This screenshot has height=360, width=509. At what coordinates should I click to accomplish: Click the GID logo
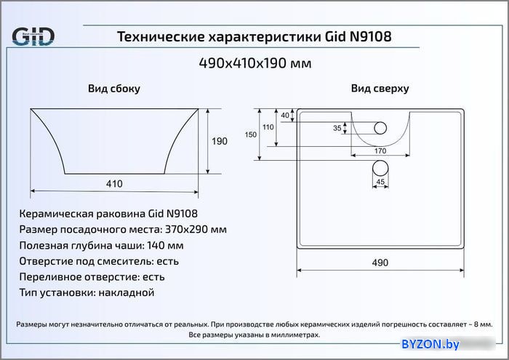(33, 36)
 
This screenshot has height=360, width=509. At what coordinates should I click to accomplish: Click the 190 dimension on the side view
(220, 141)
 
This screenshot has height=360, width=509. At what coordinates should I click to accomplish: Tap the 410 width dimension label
(114, 184)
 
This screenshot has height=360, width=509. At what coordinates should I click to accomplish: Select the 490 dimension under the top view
(380, 263)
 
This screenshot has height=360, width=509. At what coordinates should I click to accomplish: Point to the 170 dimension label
(380, 151)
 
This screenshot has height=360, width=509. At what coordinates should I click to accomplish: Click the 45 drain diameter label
(380, 182)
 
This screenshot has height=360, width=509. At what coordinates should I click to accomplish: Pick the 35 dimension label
(337, 128)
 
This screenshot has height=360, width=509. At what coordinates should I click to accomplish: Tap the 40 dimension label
(285, 115)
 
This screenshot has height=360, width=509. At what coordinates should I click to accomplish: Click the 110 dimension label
(268, 127)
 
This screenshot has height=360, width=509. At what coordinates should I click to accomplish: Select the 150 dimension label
(251, 135)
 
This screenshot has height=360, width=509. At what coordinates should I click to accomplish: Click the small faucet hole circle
(380, 128)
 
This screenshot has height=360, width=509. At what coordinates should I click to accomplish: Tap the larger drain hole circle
(380, 168)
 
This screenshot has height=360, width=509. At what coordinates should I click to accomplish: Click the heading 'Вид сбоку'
(114, 89)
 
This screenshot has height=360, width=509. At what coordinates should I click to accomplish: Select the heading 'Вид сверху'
(380, 88)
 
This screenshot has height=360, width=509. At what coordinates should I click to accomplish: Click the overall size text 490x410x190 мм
(255, 63)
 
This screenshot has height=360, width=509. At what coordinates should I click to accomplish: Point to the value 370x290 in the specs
(186, 229)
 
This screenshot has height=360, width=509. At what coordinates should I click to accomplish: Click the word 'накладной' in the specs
(127, 292)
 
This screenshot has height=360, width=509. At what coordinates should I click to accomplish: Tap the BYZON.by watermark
(430, 344)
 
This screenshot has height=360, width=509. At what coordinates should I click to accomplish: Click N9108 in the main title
(370, 36)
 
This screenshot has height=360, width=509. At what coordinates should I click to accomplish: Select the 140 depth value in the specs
(156, 245)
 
